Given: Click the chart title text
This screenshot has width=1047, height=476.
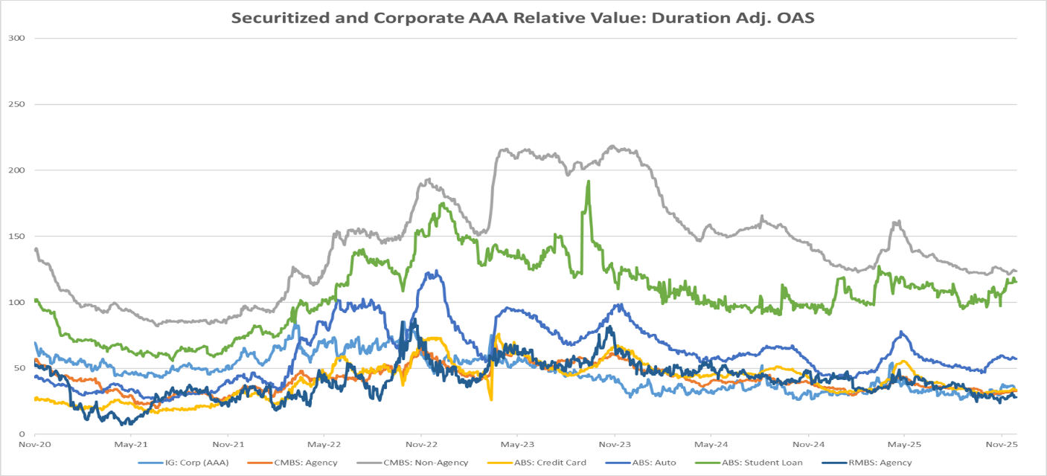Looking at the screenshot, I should point(523,18).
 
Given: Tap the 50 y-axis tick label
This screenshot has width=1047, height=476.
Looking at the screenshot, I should point(17,368).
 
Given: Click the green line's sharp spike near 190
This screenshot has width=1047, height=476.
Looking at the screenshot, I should point(588,181).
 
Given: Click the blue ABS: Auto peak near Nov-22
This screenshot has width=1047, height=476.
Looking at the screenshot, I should point(435,271).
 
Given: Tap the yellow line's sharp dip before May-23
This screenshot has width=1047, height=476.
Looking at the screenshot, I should point(491,399).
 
